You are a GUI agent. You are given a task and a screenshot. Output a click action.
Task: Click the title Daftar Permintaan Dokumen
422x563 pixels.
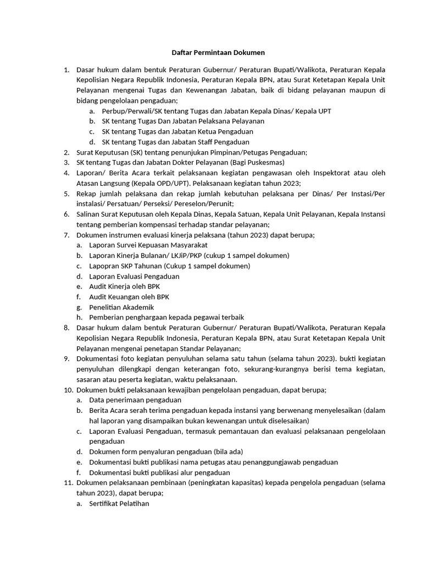pos(210,53)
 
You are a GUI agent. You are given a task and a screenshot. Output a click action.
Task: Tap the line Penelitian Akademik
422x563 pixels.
pos(121,307)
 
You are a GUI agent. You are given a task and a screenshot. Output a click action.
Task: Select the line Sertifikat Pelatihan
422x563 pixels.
pos(119,503)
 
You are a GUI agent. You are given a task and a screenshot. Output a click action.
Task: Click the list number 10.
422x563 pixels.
pos(69,390)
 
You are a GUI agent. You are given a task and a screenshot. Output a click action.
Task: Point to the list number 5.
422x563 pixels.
pos(66,194)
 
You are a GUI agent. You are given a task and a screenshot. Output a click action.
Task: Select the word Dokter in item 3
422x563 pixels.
pos(179,163)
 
